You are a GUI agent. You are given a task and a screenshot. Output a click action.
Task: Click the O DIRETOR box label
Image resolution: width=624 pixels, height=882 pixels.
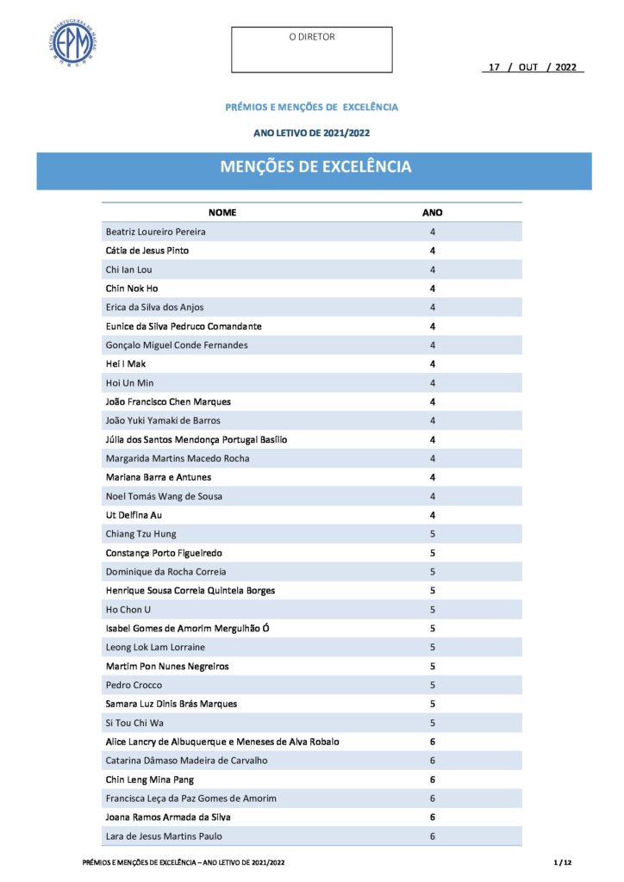pyautogui.click(x=312, y=37)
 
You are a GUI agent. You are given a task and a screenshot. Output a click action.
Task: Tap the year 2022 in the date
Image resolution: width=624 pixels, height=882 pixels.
pyautogui.click(x=566, y=67)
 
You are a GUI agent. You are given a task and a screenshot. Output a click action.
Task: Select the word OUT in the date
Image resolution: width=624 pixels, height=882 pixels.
pyautogui.click(x=528, y=67)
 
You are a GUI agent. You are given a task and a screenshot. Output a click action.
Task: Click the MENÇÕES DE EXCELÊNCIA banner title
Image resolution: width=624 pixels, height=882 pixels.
pyautogui.click(x=315, y=167)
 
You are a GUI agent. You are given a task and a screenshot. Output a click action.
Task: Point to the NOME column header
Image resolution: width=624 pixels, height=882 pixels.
pyautogui.click(x=222, y=212)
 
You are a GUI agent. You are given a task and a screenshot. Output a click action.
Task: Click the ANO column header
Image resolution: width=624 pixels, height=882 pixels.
pyautogui.click(x=433, y=212)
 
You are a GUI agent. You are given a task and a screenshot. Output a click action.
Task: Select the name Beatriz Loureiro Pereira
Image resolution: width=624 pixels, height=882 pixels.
pyautogui.click(x=156, y=232)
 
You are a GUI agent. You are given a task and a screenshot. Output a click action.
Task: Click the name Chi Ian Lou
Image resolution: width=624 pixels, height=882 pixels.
pyautogui.click(x=129, y=270)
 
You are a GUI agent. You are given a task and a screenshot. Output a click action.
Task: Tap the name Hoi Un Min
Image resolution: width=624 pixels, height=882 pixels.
pyautogui.click(x=130, y=382)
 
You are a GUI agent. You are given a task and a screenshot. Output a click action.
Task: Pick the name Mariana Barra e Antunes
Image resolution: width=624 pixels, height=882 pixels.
pyautogui.click(x=159, y=477)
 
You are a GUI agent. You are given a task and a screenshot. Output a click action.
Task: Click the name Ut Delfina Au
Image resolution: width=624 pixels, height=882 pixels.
pyautogui.click(x=134, y=515)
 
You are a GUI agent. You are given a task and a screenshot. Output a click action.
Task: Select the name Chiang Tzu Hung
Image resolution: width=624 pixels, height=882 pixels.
pyautogui.click(x=141, y=534)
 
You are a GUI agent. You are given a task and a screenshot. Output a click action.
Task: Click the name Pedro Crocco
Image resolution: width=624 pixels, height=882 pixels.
pyautogui.click(x=134, y=685)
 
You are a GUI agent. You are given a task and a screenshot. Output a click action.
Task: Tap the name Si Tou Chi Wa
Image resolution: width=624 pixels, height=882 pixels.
pyautogui.click(x=135, y=723)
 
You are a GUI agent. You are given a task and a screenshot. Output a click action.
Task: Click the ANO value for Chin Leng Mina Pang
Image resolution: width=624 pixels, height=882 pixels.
pyautogui.click(x=433, y=780)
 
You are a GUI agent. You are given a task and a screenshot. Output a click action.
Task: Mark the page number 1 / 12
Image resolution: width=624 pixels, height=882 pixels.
pyautogui.click(x=563, y=862)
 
